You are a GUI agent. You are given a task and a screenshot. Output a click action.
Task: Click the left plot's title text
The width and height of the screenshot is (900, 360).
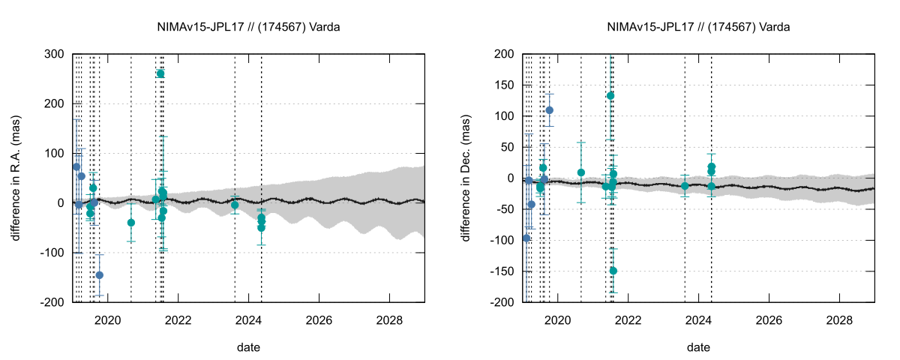[249, 27]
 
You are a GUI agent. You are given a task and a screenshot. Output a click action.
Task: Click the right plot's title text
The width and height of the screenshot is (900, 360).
[698, 27]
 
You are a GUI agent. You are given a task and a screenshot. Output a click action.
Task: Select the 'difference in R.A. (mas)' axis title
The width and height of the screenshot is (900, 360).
[16, 178]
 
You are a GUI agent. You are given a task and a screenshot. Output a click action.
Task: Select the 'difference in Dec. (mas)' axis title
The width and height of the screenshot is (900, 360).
[466, 178]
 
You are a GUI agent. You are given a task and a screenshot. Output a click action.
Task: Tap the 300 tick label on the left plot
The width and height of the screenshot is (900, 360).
[54, 54]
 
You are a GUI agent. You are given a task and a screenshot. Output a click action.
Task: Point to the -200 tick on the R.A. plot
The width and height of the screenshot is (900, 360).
[51, 302]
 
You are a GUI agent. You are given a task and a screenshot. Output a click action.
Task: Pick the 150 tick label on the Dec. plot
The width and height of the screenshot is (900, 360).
[502, 85]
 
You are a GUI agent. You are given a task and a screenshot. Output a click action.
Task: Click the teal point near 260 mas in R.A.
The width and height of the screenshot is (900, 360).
[160, 73]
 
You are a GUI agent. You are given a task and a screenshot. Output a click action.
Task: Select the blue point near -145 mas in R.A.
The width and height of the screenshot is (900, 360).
[99, 275]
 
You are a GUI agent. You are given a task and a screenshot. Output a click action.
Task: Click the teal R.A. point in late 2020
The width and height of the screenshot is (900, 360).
[131, 223]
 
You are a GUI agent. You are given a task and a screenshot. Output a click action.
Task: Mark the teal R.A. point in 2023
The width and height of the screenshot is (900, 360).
[235, 205]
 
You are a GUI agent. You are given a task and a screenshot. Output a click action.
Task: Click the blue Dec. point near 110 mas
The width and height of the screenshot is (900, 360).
[549, 110]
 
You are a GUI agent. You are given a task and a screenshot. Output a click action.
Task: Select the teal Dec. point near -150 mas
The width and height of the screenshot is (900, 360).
[613, 271]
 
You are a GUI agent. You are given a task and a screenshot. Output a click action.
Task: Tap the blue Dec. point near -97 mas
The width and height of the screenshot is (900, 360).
[526, 238]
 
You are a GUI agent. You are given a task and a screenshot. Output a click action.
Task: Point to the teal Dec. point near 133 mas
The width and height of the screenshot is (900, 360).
[610, 96]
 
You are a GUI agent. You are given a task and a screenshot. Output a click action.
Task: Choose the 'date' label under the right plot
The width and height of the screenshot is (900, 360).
[698, 348]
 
